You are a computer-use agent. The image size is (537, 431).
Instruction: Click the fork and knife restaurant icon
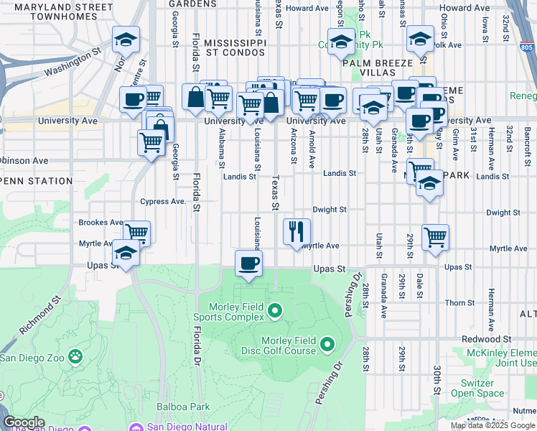click(x=296, y=232)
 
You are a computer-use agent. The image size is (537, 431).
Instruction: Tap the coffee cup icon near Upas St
click(x=248, y=263)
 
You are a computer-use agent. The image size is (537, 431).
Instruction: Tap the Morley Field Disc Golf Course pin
click(x=327, y=346)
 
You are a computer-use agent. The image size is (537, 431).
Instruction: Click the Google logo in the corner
click(x=24, y=422)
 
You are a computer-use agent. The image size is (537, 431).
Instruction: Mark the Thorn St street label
click(x=455, y=303)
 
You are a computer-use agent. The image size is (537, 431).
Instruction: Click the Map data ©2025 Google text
click(x=492, y=425)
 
